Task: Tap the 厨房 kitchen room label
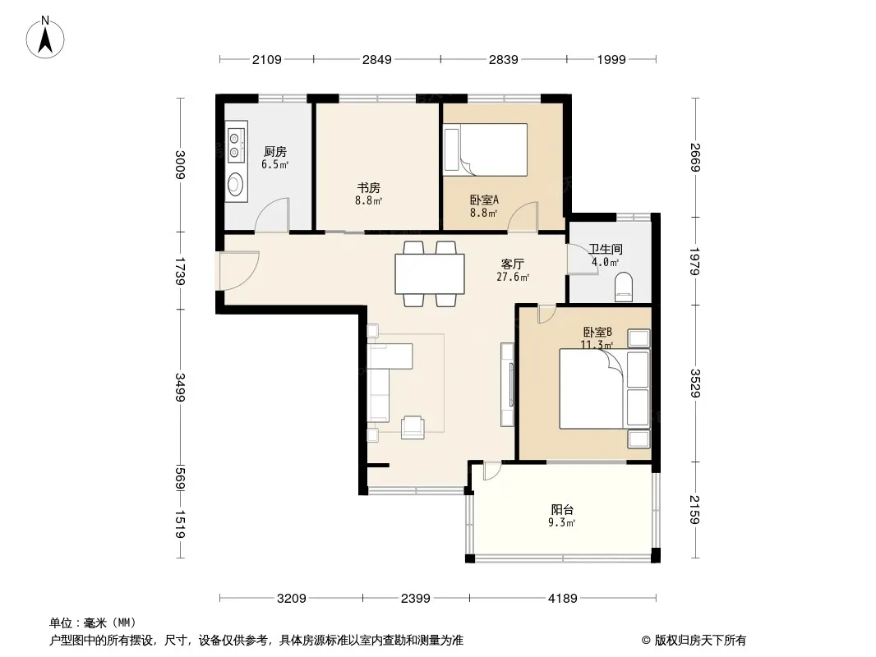274,151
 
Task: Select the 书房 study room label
369,187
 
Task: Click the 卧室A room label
484,200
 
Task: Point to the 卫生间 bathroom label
606,249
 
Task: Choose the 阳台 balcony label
562,509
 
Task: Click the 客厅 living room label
512,264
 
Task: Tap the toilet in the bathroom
624,287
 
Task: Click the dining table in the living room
430,273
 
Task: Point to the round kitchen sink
236,184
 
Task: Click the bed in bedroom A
485,149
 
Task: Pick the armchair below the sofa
413,427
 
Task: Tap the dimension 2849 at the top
377,59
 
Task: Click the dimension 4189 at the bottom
563,599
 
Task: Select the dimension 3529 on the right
695,383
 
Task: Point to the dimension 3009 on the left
180,165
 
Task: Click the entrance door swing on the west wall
238,271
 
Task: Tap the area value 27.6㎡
513,277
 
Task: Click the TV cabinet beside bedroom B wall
507,384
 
